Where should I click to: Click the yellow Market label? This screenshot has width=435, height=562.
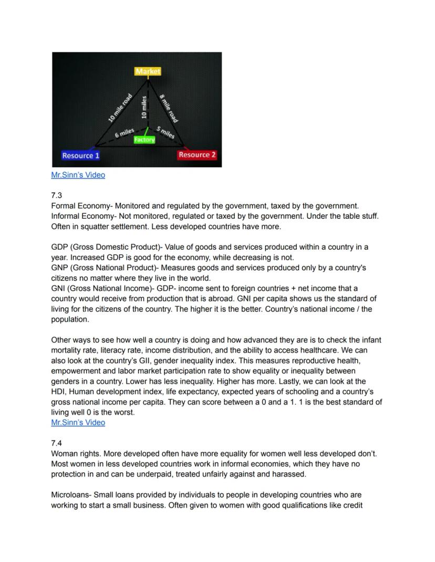coord(148,71)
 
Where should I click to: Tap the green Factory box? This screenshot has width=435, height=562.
coord(144,140)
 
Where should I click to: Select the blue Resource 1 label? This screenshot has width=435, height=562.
coord(80,155)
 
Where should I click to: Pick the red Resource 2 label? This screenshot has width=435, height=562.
coord(197,155)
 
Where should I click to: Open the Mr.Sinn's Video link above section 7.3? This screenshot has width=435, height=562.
coord(78,175)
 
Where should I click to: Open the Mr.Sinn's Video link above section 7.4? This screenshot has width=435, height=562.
coord(78,422)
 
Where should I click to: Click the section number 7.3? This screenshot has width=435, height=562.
coord(56,196)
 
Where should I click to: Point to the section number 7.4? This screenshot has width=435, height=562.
coord(56,443)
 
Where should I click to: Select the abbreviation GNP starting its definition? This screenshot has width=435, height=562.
coord(60,268)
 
